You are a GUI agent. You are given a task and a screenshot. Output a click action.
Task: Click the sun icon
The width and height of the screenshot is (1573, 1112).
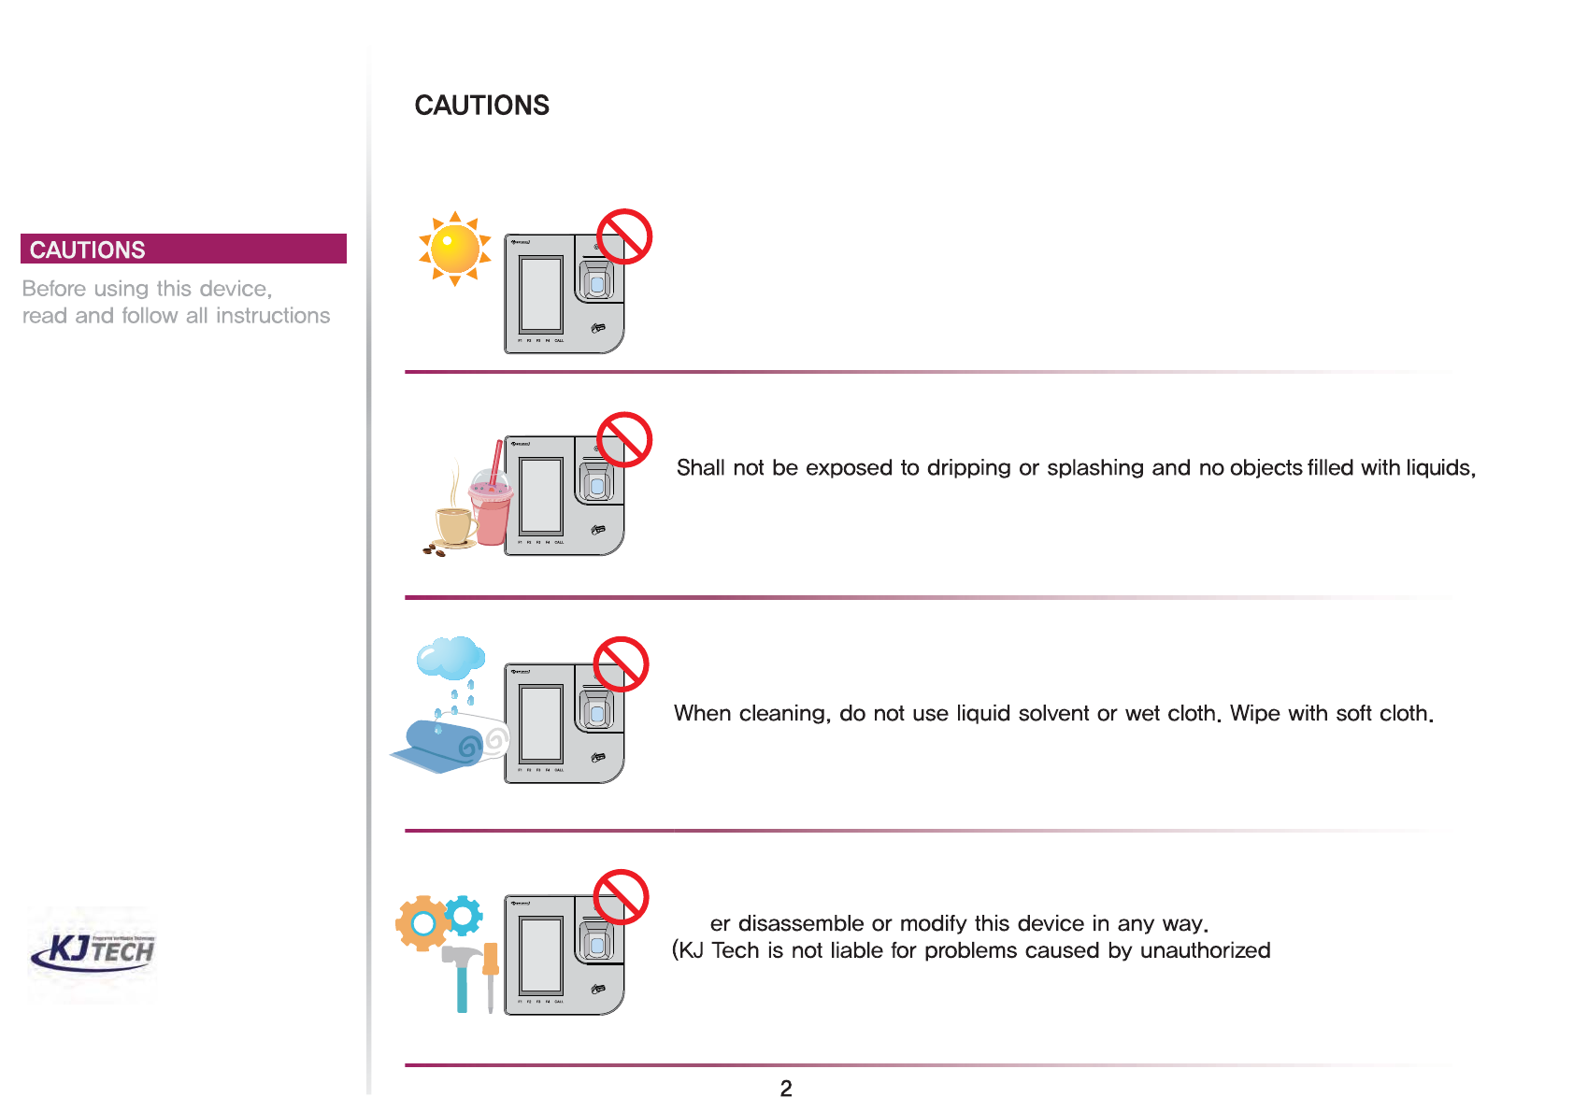click(455, 249)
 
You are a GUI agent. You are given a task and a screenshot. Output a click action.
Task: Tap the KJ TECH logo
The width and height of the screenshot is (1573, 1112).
click(94, 951)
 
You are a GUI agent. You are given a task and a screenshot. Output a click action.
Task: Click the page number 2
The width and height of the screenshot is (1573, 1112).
click(786, 1088)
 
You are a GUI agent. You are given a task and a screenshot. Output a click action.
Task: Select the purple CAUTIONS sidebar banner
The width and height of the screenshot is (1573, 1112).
click(183, 249)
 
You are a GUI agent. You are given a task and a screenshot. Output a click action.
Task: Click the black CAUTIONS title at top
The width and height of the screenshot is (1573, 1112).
click(481, 106)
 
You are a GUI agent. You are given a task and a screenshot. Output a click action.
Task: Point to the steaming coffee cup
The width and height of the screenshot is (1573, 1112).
click(454, 524)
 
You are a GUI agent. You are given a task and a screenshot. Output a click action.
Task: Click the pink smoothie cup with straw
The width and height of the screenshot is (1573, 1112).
click(491, 509)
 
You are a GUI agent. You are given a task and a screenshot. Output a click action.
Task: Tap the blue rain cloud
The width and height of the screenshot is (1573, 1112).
click(450, 658)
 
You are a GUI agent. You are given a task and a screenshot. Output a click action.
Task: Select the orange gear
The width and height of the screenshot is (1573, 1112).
click(422, 923)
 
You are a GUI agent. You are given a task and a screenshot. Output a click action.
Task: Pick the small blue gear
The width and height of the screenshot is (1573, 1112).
click(464, 915)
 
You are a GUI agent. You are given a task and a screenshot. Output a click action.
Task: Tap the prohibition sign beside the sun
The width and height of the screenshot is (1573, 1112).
click(623, 236)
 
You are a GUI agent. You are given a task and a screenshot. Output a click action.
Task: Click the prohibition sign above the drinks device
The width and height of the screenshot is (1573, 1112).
click(623, 439)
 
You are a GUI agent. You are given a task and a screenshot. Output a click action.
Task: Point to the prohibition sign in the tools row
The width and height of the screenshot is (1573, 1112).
click(622, 897)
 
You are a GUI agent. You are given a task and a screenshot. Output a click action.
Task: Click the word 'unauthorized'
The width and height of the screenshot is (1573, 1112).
click(1205, 950)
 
